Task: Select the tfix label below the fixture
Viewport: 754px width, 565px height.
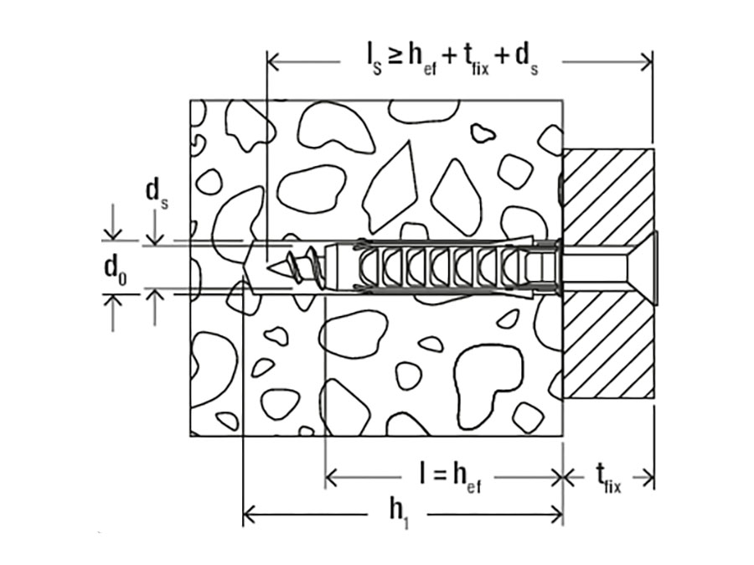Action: pos(608,479)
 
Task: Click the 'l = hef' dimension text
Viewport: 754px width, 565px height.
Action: pos(450,478)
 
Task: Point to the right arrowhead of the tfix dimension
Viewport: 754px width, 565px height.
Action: pos(648,478)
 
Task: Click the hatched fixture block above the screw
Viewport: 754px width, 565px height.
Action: pos(609,194)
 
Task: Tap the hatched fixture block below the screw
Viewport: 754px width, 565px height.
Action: pos(609,346)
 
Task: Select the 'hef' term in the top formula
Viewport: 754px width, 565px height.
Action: pos(422,60)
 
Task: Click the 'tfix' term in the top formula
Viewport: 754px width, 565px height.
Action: pos(476,60)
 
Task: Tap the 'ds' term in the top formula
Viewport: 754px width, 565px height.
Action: pos(527,60)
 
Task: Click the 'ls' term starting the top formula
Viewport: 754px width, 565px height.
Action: pos(373,60)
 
